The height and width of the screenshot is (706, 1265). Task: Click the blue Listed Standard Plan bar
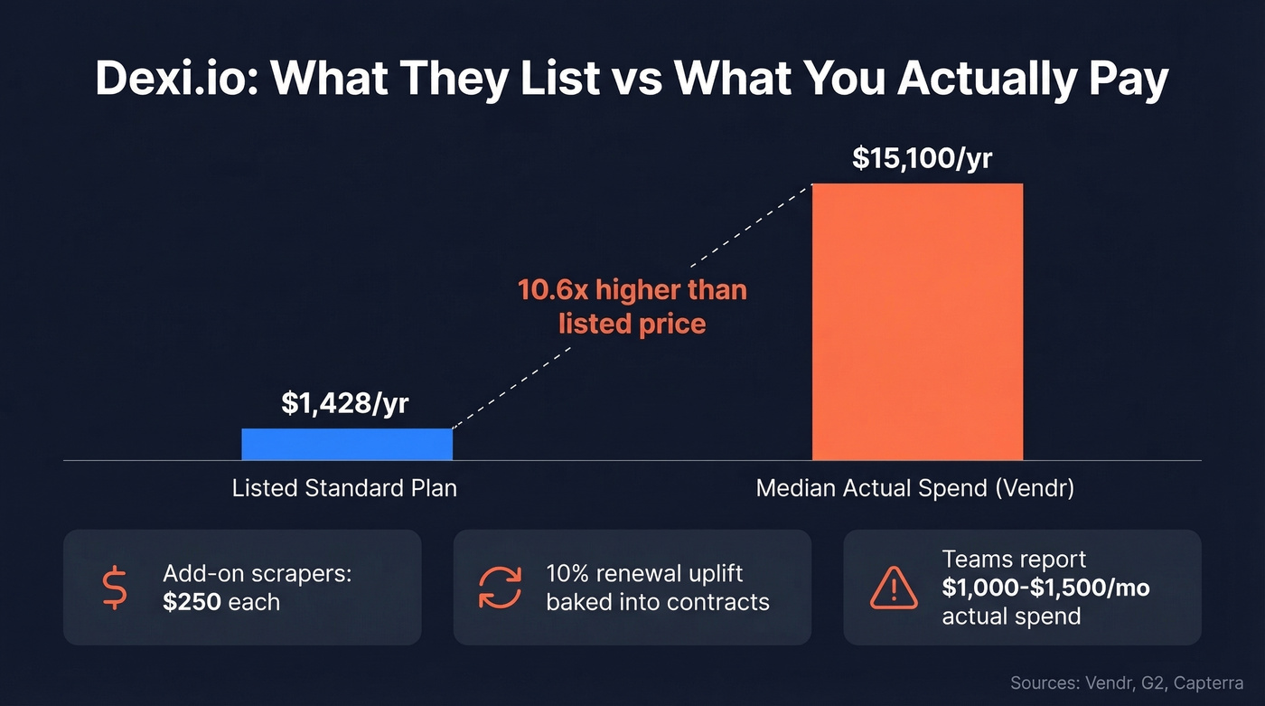click(x=346, y=444)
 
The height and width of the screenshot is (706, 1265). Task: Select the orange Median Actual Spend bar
click(x=917, y=322)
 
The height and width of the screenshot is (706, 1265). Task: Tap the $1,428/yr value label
click(x=345, y=403)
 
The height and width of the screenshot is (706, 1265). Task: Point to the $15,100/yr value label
click(x=922, y=158)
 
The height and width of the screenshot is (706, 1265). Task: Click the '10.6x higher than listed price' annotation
click(x=632, y=306)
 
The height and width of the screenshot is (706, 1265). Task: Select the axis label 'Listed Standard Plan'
click(x=344, y=489)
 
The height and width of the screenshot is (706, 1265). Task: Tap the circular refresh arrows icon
click(x=500, y=587)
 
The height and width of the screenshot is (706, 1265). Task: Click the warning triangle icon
click(x=893, y=589)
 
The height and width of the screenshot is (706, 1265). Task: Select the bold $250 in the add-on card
click(x=192, y=602)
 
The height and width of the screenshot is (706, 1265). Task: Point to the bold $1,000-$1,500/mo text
click(x=1045, y=588)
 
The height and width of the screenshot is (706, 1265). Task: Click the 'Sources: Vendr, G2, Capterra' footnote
click(x=1126, y=682)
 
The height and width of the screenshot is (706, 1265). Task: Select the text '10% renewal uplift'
click(x=643, y=573)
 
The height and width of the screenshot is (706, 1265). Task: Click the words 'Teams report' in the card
click(x=1014, y=559)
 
